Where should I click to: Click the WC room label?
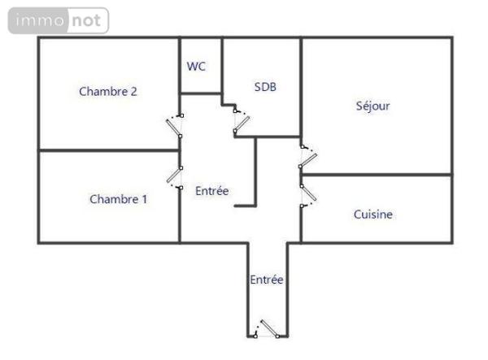(x=196, y=66)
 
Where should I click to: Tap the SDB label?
(x=265, y=87)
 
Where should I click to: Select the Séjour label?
(x=373, y=106)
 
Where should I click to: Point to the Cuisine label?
(x=373, y=215)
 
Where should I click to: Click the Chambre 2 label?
(x=108, y=91)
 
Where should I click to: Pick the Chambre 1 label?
(x=119, y=199)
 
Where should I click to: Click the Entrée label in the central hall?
(x=212, y=191)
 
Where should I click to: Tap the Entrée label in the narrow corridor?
(x=267, y=280)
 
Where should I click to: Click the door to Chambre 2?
(x=175, y=127)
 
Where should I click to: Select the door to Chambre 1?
(x=175, y=177)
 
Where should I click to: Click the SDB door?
(x=242, y=122)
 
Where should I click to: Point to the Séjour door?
(x=308, y=156)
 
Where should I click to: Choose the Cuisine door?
(x=308, y=196)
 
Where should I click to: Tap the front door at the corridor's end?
(x=267, y=329)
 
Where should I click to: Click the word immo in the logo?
(x=40, y=20)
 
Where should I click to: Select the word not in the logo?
(x=86, y=20)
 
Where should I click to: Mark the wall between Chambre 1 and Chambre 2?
(x=109, y=150)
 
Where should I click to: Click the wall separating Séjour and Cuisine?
(x=377, y=175)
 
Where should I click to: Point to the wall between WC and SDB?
(x=222, y=71)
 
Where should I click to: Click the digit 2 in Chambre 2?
(x=133, y=91)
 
